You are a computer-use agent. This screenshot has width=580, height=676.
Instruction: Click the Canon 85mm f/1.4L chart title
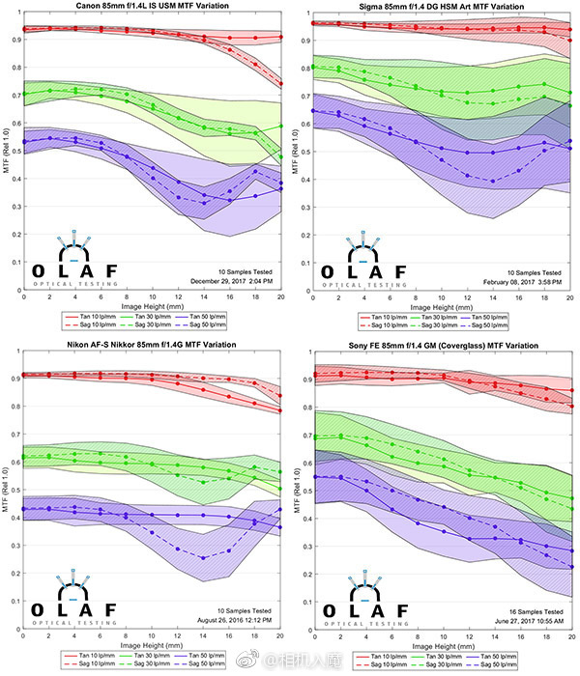pos(153,7)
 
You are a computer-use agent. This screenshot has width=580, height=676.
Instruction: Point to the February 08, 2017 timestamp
pos(521,280)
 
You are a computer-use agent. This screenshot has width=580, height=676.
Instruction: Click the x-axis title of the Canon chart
pos(152,306)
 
